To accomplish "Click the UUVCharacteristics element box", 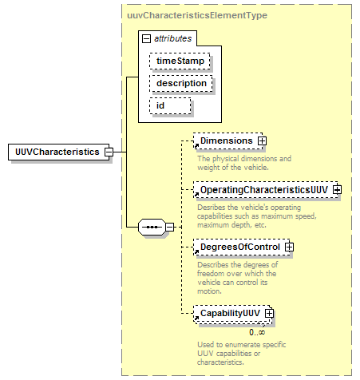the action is pos(58,152).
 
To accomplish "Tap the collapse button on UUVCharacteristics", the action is pos(109,152).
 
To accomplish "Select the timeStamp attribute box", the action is pos(180,61).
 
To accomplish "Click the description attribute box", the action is pos(181,83).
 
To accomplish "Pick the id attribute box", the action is pos(170,105).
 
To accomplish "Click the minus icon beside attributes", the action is pos(146,39).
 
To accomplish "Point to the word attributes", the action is pos(173,38).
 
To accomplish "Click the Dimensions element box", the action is pos(228,141).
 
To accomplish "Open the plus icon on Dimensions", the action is pos(262,141).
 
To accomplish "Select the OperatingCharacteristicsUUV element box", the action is pos(266,190).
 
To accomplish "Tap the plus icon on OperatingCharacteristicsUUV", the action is pos(338,190).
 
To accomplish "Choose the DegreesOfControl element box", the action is pos(242,247).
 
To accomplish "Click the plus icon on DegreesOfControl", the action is pos(290,247).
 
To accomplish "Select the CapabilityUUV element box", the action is pos(231,314).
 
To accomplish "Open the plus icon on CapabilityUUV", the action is pos(269,313).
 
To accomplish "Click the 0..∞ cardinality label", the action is pos(257,332).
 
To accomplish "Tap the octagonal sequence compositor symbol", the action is pos(152,227).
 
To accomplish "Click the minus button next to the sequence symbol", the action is pos(169,227).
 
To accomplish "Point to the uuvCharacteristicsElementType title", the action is pos(197,15).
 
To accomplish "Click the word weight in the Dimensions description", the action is pos(206,168).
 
